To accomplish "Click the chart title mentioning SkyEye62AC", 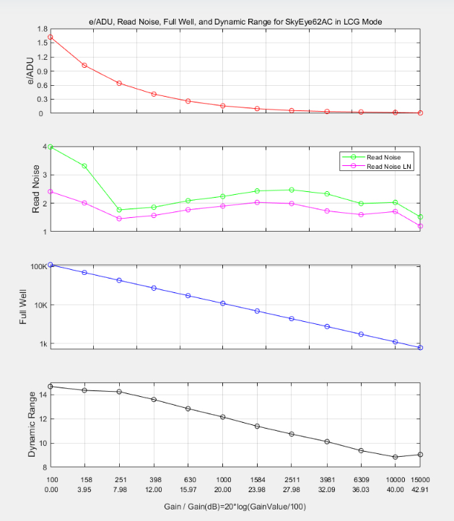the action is pos(235,22).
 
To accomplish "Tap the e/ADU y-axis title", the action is pos(30,71).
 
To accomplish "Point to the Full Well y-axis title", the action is pos(22,307).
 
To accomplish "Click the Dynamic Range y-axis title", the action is pos(32,424).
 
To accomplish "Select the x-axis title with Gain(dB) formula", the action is pos(235,507).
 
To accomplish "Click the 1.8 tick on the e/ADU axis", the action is pos(43,29).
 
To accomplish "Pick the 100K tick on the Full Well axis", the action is pos(39,267).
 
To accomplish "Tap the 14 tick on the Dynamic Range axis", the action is pos(44,395).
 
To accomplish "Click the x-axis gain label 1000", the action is pos(224,480).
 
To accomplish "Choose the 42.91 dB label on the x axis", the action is pos(420,490).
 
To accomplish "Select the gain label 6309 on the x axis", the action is pos(362,480).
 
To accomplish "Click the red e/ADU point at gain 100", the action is pos(51,38).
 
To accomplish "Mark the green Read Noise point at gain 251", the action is pos(119,210).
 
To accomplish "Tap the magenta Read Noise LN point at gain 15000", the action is pos(420,226).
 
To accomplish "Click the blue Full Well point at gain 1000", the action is pos(223,303).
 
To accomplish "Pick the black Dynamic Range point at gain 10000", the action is pos(395,457).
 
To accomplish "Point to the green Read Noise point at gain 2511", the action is pos(292,190).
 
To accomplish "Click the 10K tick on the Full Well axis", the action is pos(41,305).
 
